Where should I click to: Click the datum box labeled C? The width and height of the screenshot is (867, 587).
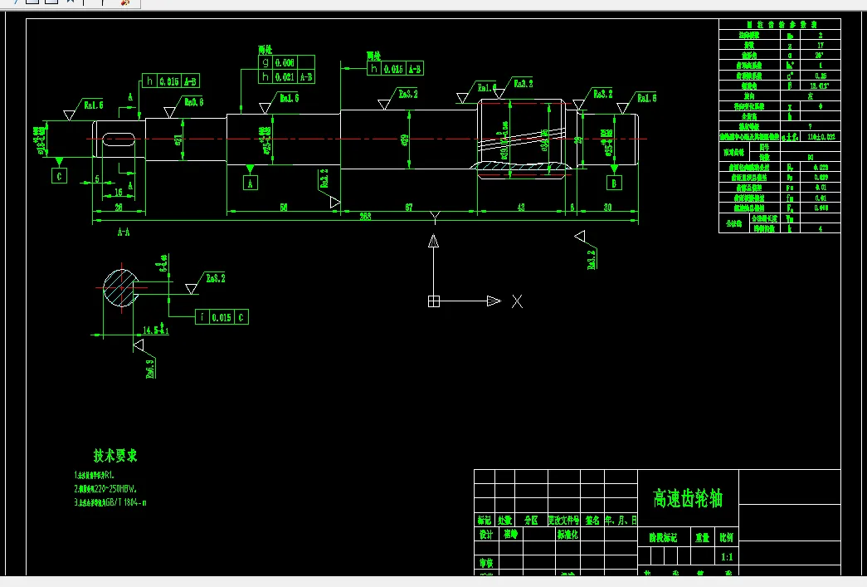[x=59, y=176]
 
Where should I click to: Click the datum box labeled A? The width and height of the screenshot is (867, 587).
[x=250, y=183]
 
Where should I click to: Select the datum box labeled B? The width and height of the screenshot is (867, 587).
[x=614, y=183]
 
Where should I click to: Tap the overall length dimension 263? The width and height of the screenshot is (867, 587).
[x=365, y=216]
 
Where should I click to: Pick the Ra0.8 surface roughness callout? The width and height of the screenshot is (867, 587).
[x=193, y=102]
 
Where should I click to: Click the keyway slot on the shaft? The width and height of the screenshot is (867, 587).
[x=119, y=142]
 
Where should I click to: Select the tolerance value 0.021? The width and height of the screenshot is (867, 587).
[x=285, y=77]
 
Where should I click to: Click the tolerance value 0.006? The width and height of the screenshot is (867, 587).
[x=285, y=62]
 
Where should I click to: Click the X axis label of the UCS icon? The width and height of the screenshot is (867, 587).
[x=517, y=301]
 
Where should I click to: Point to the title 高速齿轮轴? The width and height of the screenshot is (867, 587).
[x=688, y=498]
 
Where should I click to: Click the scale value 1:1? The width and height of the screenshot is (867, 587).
[x=728, y=557]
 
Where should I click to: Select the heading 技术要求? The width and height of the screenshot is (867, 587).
[x=115, y=455]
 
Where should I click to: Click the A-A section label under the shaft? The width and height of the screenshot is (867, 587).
[x=123, y=233]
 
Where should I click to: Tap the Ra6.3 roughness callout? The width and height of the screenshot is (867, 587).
[x=150, y=368]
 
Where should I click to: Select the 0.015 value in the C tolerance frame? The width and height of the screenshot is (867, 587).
[x=221, y=317]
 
